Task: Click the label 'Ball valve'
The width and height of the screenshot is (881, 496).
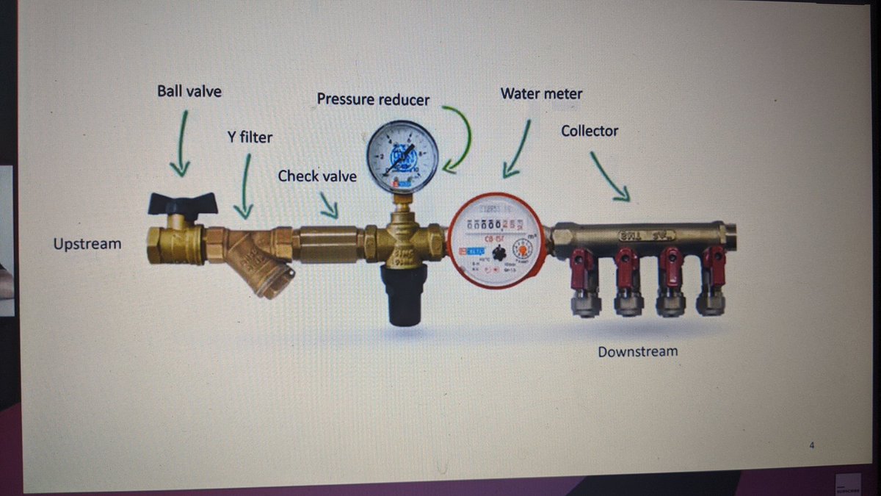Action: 189,92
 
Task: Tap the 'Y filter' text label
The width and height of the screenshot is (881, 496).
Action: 250,137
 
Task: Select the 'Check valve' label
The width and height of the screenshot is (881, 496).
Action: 317,176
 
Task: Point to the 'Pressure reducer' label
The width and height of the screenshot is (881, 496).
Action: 373,99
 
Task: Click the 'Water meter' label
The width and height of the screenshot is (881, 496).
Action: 541,94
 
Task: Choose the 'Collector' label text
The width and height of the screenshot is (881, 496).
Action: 590,131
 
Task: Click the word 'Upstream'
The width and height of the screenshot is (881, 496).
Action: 87,244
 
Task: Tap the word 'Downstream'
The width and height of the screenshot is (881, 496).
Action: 637,352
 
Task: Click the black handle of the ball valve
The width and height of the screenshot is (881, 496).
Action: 183,202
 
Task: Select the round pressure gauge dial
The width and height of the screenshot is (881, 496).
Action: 403,156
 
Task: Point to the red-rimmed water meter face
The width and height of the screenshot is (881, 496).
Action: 497,240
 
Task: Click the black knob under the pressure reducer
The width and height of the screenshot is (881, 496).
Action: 402,294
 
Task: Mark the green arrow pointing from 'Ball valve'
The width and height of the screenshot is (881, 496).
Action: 181,143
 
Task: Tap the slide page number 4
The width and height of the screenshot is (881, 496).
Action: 812,445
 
